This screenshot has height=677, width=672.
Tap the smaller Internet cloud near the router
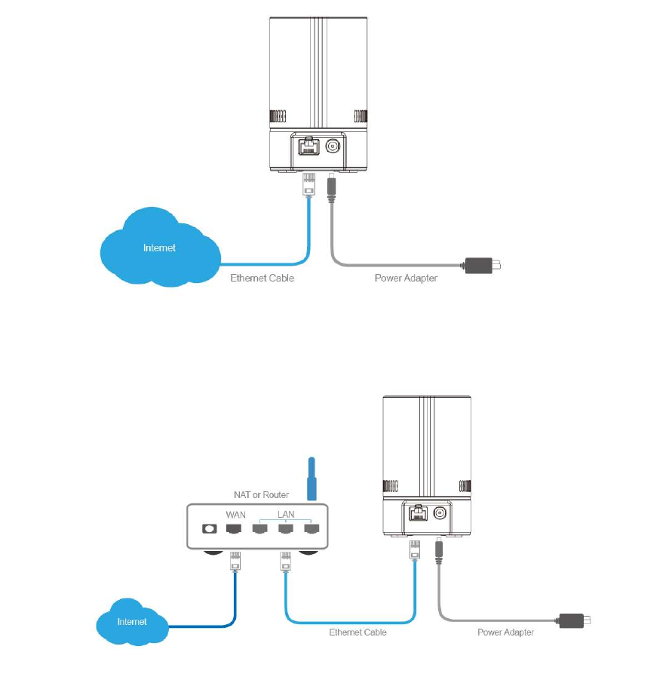133,620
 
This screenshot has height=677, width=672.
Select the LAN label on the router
286,514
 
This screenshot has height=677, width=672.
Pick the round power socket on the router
210,529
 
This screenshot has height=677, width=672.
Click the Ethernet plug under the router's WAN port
235,563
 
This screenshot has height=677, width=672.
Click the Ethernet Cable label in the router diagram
357,632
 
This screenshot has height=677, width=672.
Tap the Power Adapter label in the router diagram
505,632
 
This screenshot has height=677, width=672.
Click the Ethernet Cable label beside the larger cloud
262,278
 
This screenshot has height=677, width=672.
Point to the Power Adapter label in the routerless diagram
406,278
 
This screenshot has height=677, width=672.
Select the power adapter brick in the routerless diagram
480,265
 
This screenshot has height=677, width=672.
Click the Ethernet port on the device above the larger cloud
308,146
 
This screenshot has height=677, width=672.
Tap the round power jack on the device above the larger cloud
332,146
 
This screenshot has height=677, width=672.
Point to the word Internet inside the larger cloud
160,248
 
